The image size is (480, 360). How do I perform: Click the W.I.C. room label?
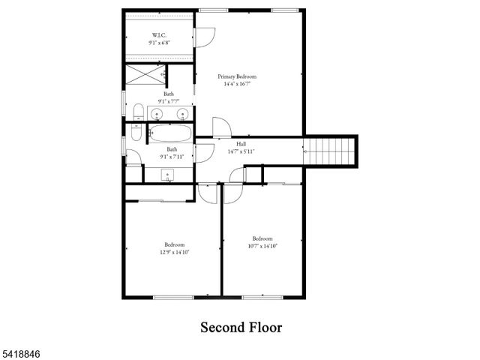pos(159,35)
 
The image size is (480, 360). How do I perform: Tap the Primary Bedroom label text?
pos(237,76)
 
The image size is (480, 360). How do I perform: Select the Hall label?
pos(241,143)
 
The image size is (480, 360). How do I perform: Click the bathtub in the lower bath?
pos(170,134)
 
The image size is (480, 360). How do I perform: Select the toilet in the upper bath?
pos(139,112)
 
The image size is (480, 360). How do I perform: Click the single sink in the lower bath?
pos(169,174)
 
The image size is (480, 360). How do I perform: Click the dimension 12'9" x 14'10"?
pos(175,253)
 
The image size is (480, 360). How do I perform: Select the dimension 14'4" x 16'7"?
pos(237,84)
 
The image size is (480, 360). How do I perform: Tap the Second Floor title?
pos(240,328)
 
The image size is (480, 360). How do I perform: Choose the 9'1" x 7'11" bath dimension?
pos(172,157)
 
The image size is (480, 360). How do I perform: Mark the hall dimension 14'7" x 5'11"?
pos(241,151)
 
